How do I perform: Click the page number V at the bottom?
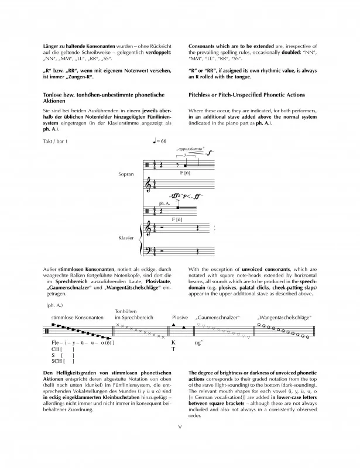[180, 443]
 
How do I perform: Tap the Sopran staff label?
[126, 174]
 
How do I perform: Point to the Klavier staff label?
[126, 239]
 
